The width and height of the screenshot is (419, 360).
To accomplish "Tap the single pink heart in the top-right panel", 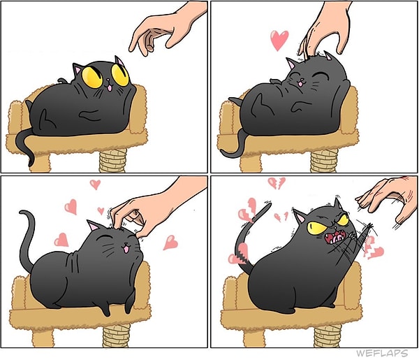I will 279,40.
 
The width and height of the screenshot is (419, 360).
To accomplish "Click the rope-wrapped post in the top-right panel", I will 323,161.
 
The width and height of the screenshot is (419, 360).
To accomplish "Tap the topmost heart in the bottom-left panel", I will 95,185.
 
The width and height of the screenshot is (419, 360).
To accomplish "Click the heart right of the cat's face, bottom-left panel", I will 170,243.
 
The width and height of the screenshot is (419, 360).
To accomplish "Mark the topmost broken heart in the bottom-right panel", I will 277,183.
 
